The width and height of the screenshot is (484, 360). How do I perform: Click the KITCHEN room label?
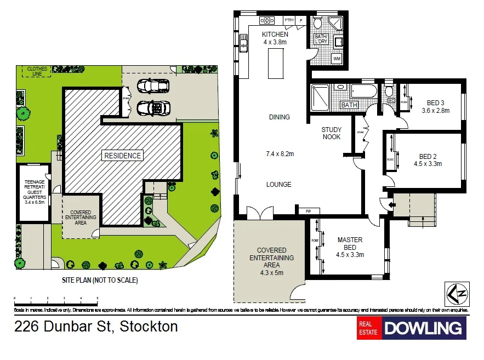pyautogui.click(x=275, y=35)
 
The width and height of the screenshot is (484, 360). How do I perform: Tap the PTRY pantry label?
pyautogui.click(x=289, y=20)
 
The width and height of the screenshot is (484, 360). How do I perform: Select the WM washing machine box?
pyautogui.click(x=337, y=58)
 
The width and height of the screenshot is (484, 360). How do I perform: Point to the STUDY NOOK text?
pyautogui.click(x=331, y=133)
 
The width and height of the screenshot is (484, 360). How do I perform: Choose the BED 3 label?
pyautogui.click(x=435, y=102)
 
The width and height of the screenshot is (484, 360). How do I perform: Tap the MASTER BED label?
pyautogui.click(x=350, y=243)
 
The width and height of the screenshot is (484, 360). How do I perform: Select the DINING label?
pyautogui.click(x=279, y=117)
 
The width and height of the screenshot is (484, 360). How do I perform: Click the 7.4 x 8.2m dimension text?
pyautogui.click(x=279, y=154)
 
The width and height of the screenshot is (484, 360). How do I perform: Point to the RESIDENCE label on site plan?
pyautogui.click(x=122, y=156)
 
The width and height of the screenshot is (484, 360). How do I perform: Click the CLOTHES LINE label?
pyautogui.click(x=33, y=72)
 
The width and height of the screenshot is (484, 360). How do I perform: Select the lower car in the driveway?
pyautogui.click(x=151, y=107)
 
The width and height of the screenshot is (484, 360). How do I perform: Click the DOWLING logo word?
pyautogui.click(x=423, y=328)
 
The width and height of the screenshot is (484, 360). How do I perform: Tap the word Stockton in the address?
pyautogui.click(x=149, y=327)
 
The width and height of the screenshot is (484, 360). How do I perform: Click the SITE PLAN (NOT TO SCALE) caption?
pyautogui.click(x=100, y=280)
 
